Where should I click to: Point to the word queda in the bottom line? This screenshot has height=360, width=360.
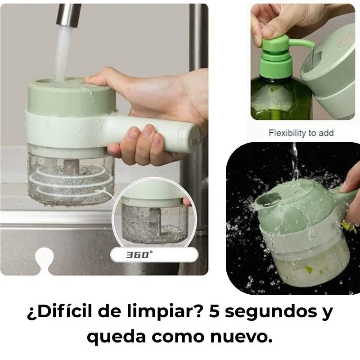click(114, 337)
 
